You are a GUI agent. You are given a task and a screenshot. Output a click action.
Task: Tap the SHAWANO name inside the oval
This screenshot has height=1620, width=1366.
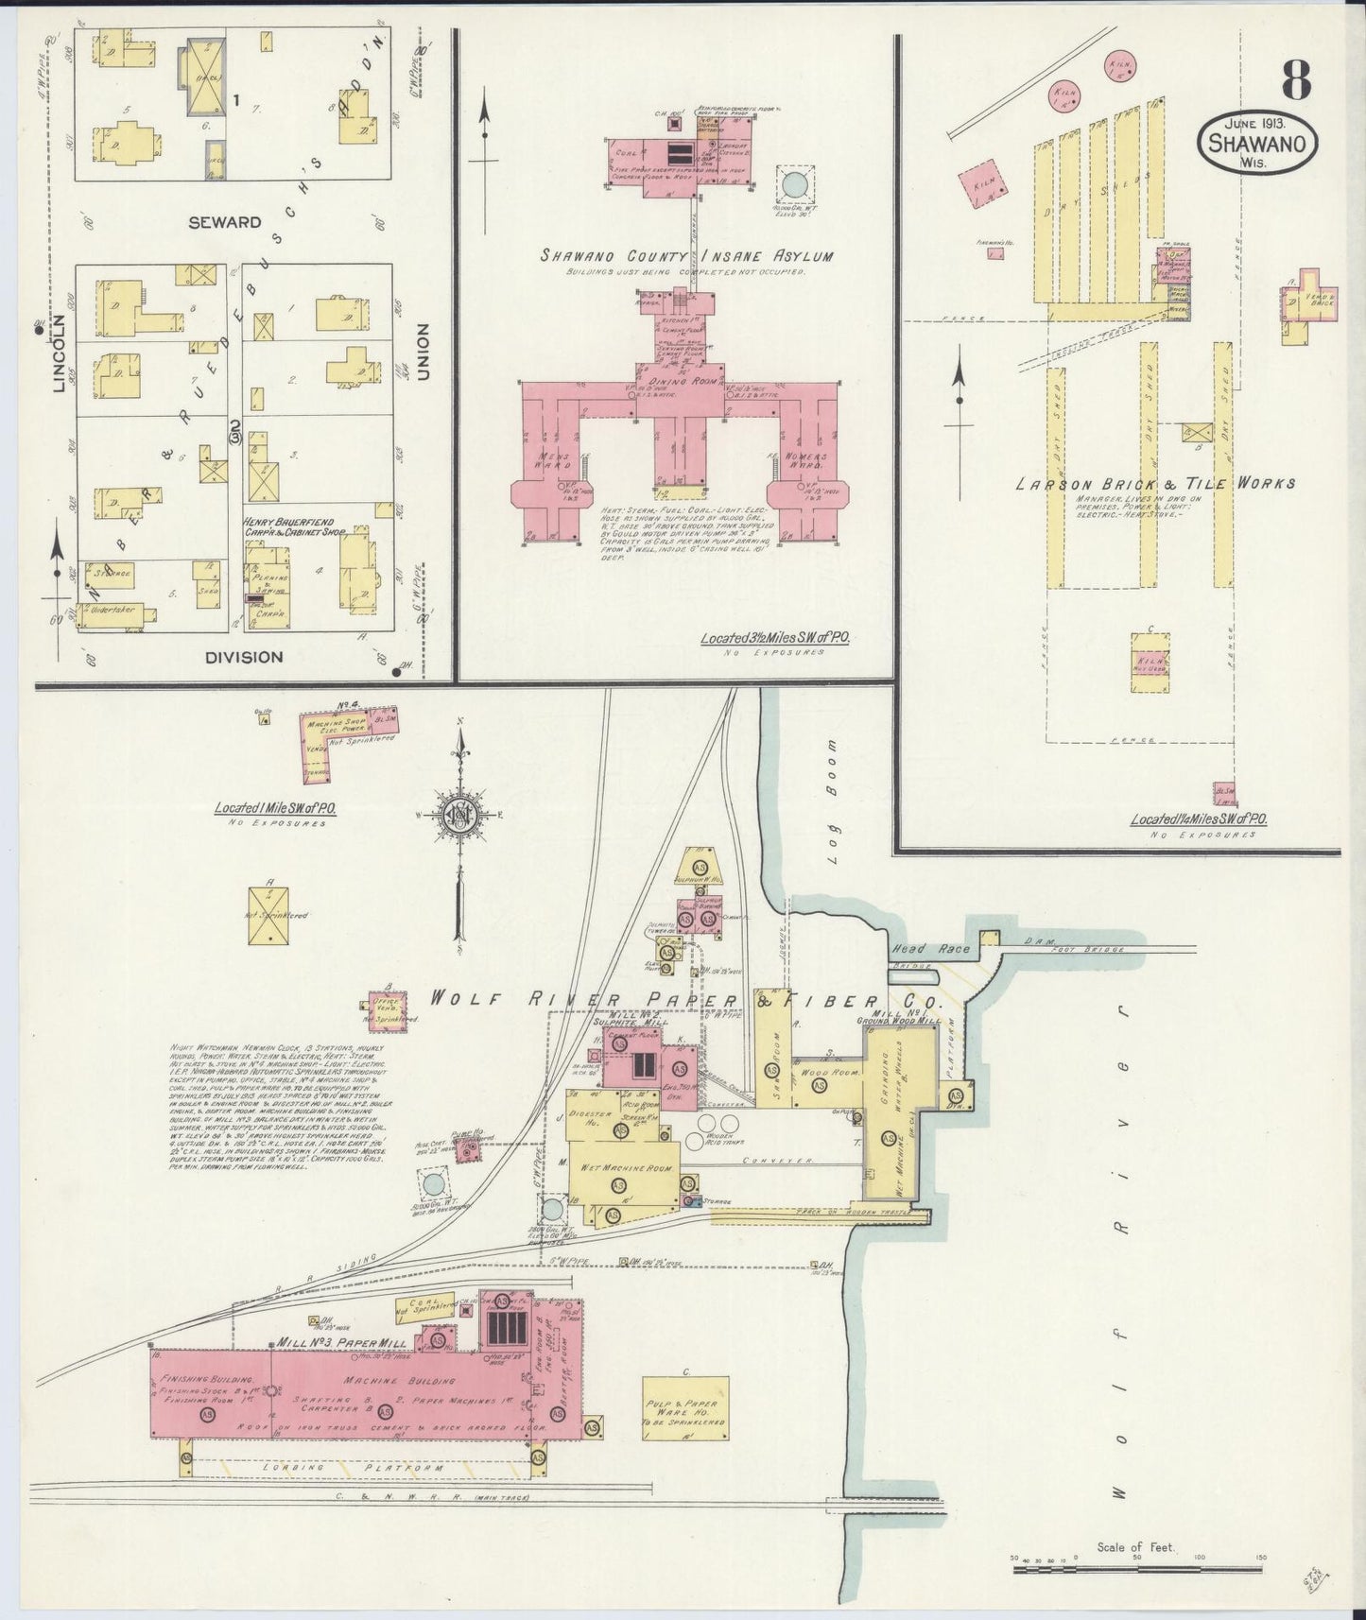1255,145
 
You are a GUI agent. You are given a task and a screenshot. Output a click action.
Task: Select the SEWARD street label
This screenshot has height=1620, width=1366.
224,222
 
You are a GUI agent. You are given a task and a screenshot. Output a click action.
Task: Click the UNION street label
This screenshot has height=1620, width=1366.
423,352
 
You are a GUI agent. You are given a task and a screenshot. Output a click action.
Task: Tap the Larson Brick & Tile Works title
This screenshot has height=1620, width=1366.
1155,483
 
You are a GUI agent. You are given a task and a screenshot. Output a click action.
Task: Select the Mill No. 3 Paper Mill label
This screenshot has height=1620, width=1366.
341,1343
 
